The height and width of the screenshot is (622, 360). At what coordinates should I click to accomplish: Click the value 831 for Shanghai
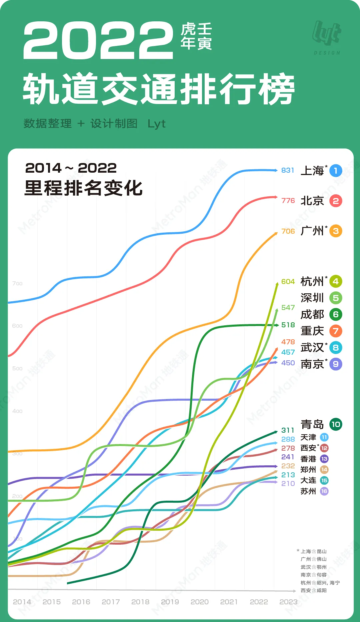point(287,170)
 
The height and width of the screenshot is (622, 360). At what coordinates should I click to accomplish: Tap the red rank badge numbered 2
point(336,201)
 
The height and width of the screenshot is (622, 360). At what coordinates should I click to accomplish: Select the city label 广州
point(312,231)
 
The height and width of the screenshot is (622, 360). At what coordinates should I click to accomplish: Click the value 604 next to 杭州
point(288,282)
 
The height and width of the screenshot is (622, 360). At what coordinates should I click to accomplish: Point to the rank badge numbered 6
point(336,314)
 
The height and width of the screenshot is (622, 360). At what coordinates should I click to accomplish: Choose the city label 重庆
point(312,331)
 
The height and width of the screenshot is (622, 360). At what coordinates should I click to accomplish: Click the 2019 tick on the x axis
point(170,602)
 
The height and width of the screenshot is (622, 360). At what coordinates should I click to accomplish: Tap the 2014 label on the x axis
point(22,602)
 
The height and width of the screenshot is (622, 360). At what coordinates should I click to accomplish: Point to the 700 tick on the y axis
point(17,283)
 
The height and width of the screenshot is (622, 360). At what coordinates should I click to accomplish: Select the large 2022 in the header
point(98,41)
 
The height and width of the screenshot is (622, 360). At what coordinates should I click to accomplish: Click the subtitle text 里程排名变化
point(83,188)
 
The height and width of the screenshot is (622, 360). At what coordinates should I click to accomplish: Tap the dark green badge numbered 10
point(336,424)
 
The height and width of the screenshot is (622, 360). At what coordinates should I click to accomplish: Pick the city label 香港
point(308,459)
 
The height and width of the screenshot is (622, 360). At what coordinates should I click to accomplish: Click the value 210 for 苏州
point(288,483)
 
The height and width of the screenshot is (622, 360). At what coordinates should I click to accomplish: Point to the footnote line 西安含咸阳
point(313,590)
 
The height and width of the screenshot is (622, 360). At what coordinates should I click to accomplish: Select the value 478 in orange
point(288,342)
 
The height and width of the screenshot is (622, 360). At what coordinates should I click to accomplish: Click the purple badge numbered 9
point(336,364)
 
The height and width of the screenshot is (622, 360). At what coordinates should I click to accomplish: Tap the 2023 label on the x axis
point(288,602)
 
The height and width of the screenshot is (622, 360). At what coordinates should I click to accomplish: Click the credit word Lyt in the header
point(156,124)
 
